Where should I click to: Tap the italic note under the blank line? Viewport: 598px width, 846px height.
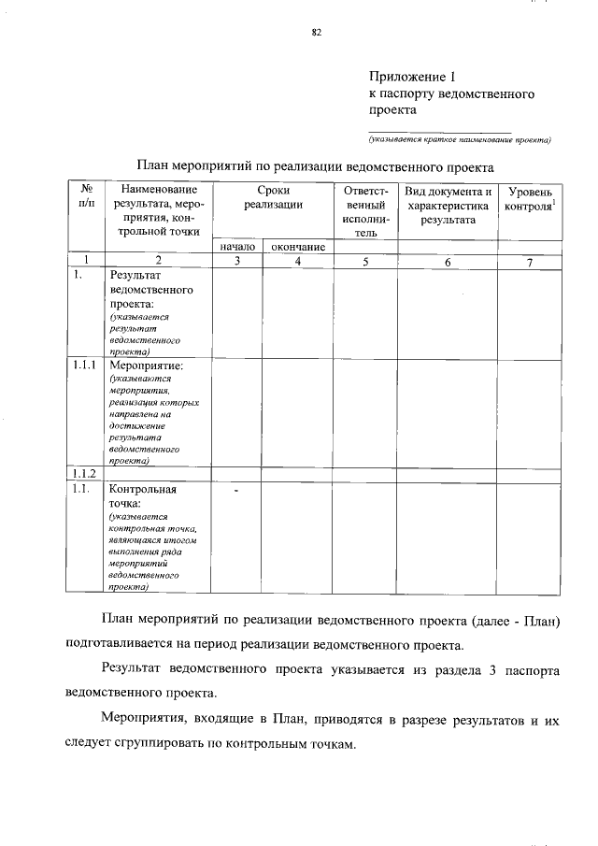(459, 141)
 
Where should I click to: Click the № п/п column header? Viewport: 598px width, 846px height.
(86, 196)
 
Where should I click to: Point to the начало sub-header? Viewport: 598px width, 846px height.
(237, 247)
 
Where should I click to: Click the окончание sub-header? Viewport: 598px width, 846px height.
(297, 247)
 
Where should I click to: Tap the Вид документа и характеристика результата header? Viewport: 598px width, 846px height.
(448, 205)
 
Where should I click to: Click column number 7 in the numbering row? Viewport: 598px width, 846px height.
(529, 262)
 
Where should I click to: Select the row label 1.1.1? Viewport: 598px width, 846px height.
(86, 366)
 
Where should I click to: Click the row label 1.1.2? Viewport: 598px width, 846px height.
(86, 473)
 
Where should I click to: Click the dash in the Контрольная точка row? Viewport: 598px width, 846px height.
(236, 490)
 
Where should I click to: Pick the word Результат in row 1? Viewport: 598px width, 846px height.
(138, 277)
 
